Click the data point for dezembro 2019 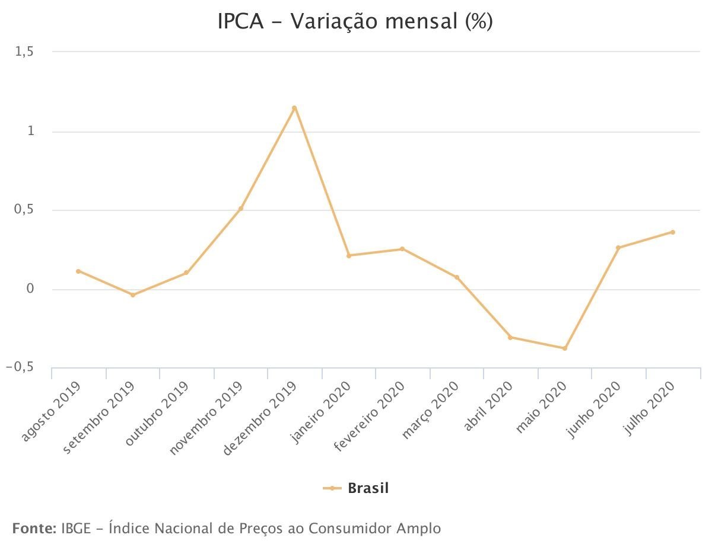tap(294, 108)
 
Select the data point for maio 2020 tap(565, 348)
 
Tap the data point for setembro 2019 tap(133, 295)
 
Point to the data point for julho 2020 tap(673, 232)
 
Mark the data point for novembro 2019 tap(241, 209)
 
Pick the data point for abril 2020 tap(510, 338)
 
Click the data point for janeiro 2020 tap(349, 255)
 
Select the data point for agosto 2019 tap(78, 271)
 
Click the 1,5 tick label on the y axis tap(24, 52)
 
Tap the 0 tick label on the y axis tap(29, 289)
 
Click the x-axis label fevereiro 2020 tap(370, 417)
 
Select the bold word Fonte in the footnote tap(34, 528)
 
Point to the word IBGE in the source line tap(76, 528)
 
